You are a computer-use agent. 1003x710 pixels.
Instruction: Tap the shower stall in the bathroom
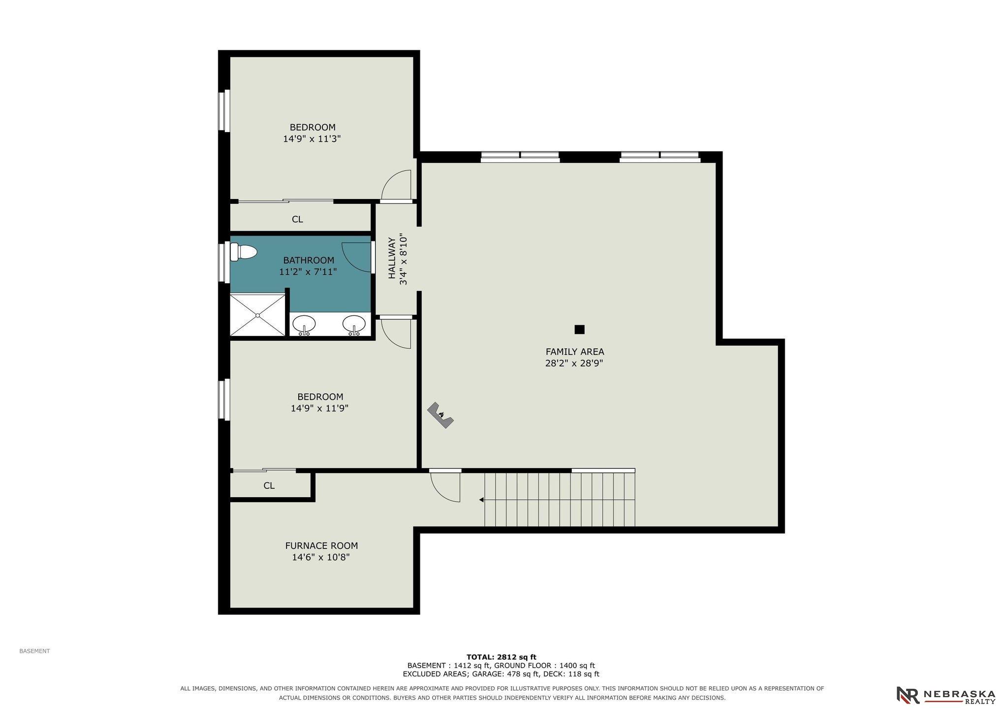tap(257, 315)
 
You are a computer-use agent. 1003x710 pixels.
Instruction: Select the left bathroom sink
tap(304, 325)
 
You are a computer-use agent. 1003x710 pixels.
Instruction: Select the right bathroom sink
tap(354, 325)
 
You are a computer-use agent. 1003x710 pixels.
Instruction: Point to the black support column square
tap(579, 330)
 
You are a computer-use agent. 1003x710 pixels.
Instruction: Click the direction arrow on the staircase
tap(482, 500)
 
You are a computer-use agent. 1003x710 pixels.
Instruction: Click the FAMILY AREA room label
tap(574, 352)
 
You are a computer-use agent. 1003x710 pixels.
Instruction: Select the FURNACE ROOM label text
tap(321, 546)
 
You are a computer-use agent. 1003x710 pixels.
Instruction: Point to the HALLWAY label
tap(392, 258)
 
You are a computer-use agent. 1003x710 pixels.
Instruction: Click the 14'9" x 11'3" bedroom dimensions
tap(312, 139)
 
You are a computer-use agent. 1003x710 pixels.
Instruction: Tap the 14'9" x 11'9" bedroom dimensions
tap(320, 408)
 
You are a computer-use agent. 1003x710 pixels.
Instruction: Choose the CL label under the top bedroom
tap(297, 219)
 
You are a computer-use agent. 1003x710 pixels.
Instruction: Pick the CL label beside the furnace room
tap(269, 486)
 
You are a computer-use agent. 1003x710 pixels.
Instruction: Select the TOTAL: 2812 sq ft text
tap(501, 657)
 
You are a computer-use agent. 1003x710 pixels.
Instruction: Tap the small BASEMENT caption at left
tap(34, 651)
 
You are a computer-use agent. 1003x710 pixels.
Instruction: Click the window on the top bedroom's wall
tap(224, 111)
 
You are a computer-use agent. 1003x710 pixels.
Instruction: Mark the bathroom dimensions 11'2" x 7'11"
tap(308, 271)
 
